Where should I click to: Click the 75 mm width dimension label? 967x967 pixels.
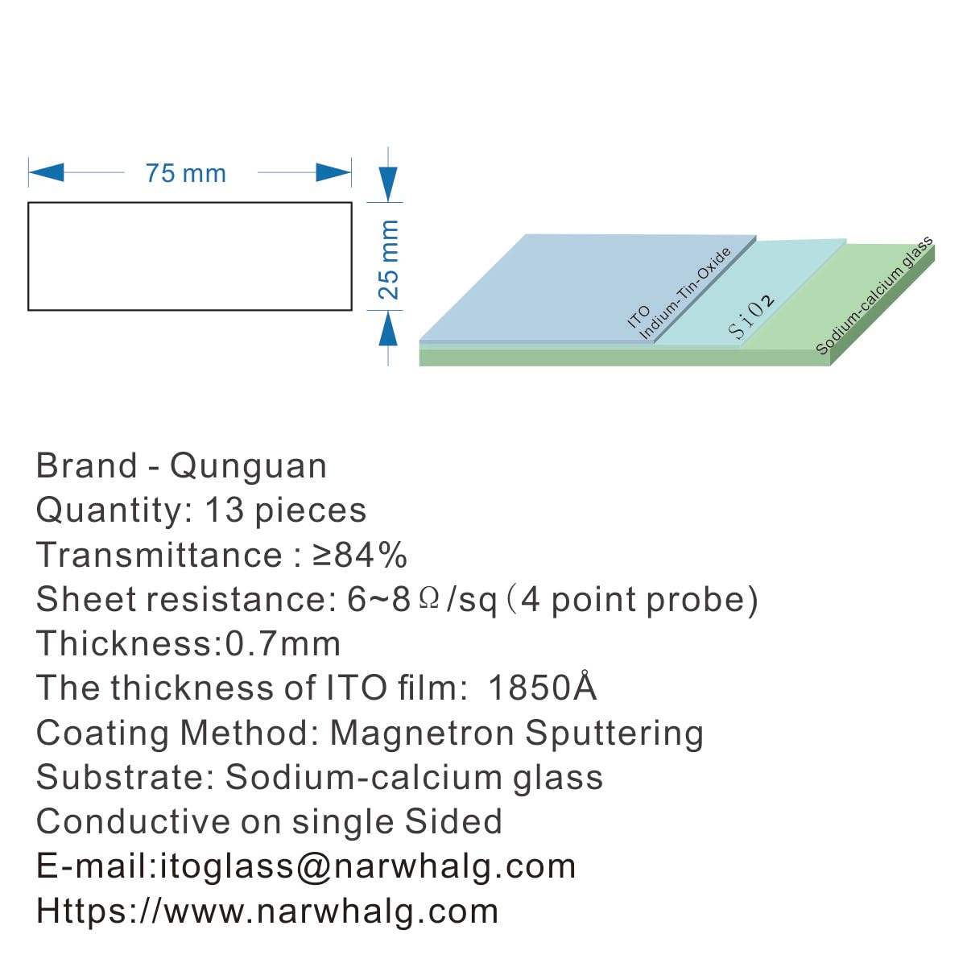pyautogui.click(x=185, y=173)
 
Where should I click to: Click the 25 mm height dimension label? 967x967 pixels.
pyautogui.click(x=389, y=259)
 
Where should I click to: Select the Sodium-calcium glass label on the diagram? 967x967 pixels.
pyautogui.click(x=874, y=295)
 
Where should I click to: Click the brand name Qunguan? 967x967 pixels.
pyautogui.click(x=248, y=466)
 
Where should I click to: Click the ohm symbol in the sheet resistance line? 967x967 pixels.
pyautogui.click(x=429, y=599)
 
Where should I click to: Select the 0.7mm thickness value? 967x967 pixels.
pyautogui.click(x=283, y=644)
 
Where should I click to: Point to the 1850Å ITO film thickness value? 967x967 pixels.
pyautogui.click(x=542, y=688)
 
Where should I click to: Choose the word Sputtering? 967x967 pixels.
pyautogui.click(x=614, y=733)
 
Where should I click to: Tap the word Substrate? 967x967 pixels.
pyautogui.click(x=125, y=778)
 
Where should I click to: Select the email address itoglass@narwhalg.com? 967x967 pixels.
pyautogui.click(x=368, y=866)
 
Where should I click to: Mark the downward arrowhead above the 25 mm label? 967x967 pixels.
pyautogui.click(x=389, y=184)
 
